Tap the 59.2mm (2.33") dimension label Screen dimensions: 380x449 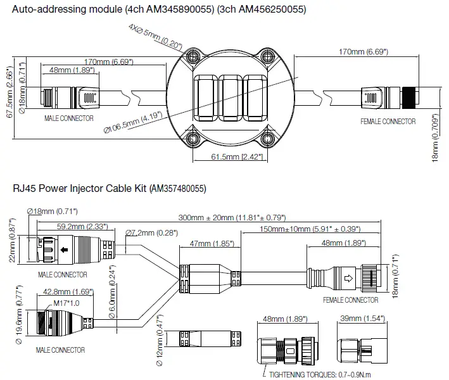point(72,226)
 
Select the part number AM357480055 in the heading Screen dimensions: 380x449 point(177,188)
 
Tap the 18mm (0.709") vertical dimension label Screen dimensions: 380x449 point(435,137)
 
